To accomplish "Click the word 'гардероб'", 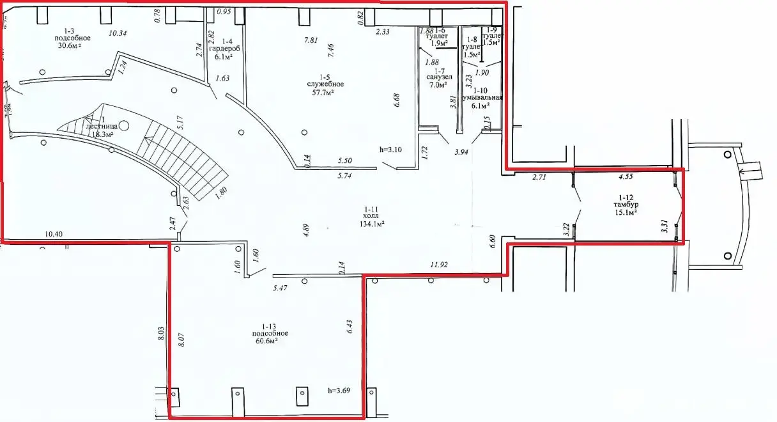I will click(x=224, y=47).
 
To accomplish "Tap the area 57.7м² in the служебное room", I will click(x=330, y=93).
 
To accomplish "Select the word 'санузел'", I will click(x=440, y=76).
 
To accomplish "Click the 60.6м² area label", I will click(x=268, y=341).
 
